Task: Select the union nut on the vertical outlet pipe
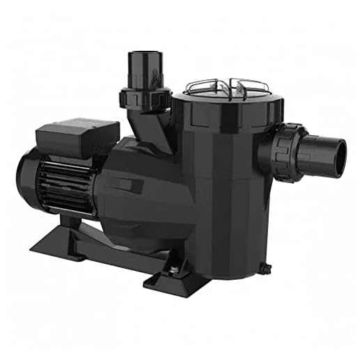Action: [x=145, y=97]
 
